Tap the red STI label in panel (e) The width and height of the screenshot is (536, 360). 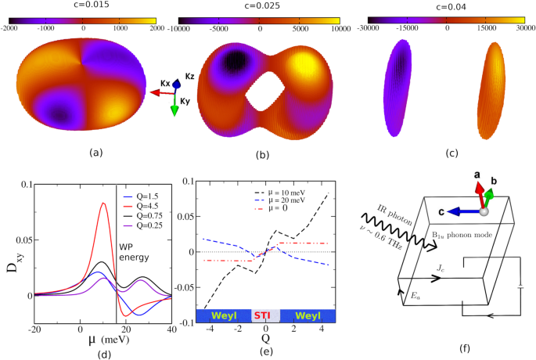[261, 315]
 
